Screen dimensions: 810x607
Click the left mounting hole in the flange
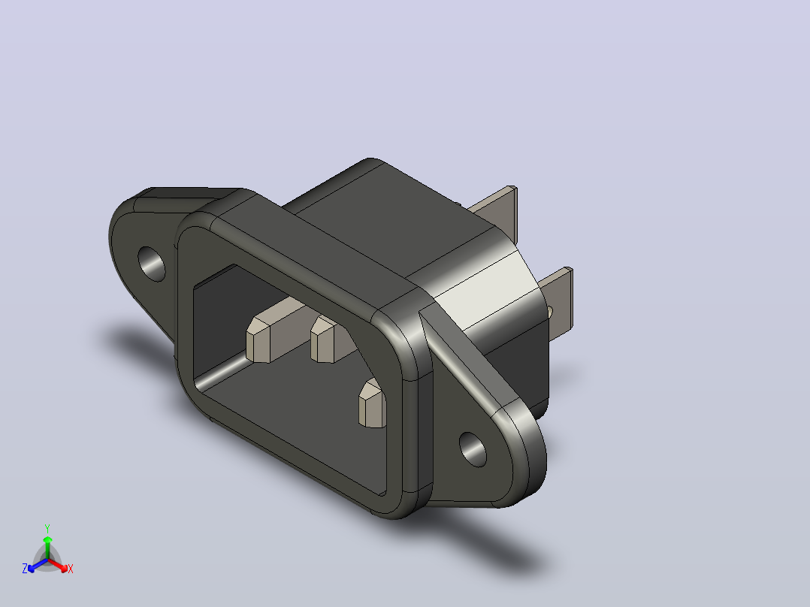pyautogui.click(x=151, y=264)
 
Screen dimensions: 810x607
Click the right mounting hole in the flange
pyautogui.click(x=473, y=449)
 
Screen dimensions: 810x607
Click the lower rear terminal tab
pyautogui.click(x=557, y=300)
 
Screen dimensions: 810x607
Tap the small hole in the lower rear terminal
pyautogui.click(x=549, y=312)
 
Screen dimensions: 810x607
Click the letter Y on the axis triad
pyautogui.click(x=47, y=529)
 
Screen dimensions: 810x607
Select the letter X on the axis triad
pyautogui.click(x=71, y=569)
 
